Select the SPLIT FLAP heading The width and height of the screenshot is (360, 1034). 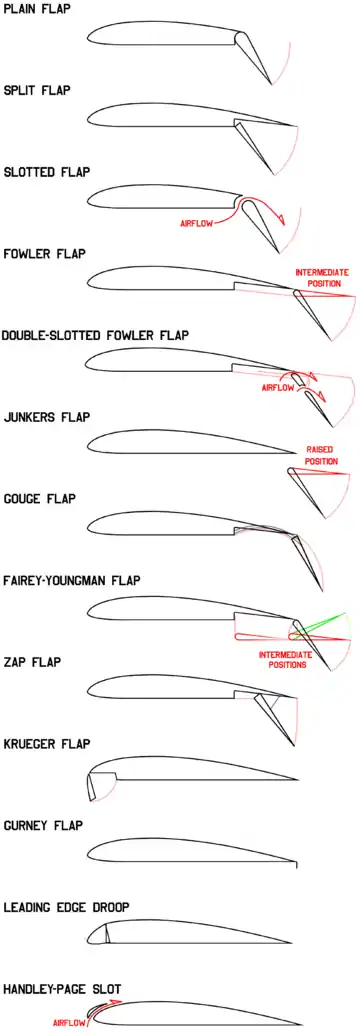[37, 90]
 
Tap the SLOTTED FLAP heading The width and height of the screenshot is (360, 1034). [47, 172]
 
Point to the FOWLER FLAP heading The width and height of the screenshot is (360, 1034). [44, 254]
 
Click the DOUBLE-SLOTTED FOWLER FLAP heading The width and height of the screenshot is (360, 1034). [96, 335]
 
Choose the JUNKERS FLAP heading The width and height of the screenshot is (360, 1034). [47, 417]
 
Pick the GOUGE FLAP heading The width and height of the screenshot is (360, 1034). [40, 499]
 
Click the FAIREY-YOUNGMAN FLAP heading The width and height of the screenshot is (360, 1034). [72, 581]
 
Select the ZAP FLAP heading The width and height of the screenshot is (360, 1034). [32, 662]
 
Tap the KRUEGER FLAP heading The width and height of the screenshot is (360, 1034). [47, 744]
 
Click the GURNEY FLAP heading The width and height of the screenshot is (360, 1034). [43, 826]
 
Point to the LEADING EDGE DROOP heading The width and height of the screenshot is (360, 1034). [66, 907]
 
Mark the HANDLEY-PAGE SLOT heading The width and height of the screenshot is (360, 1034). [62, 989]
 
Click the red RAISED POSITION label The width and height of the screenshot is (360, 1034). [322, 455]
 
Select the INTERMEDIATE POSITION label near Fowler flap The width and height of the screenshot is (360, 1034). [322, 278]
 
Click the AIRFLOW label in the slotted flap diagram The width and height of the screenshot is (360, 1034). [196, 224]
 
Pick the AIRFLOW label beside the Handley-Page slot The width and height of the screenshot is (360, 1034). [68, 1023]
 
